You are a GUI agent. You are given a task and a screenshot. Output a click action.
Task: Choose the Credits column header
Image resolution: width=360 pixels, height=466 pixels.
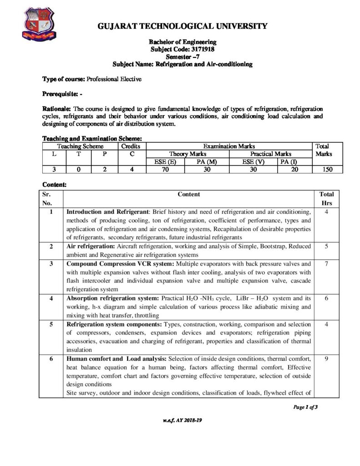(x=131, y=147)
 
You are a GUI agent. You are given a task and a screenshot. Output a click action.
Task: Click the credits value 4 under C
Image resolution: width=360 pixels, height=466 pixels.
(x=131, y=170)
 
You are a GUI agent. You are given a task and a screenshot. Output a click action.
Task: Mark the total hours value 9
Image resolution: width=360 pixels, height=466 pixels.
(x=326, y=359)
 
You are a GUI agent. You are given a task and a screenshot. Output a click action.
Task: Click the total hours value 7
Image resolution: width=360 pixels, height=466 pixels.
(x=326, y=263)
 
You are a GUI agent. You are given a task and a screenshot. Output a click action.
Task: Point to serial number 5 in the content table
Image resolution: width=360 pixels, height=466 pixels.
(x=51, y=324)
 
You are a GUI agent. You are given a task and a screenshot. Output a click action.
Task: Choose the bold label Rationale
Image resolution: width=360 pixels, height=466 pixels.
(x=57, y=109)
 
